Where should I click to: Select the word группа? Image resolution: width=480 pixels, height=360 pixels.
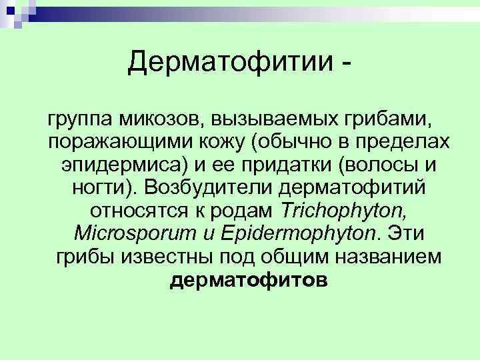[x=79, y=121]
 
